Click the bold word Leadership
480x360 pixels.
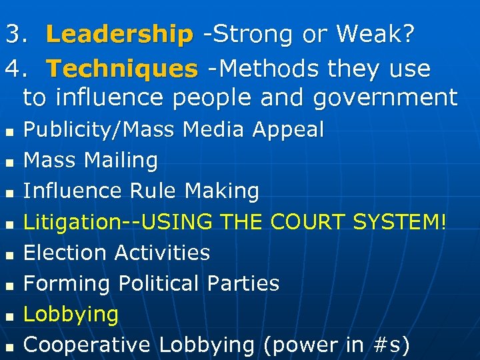coord(119,35)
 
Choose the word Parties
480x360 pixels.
coord(243,283)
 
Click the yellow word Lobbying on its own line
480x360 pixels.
coord(71,315)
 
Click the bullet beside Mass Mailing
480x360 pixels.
coord(9,162)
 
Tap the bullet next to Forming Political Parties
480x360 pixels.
coord(9,285)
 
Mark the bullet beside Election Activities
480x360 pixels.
coord(9,255)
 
